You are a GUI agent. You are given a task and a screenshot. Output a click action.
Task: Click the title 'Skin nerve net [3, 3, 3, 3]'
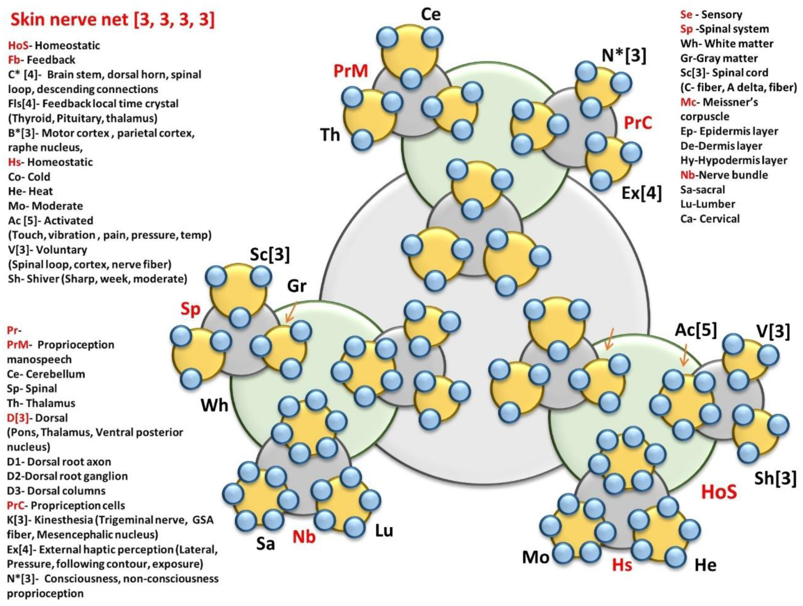click(113, 19)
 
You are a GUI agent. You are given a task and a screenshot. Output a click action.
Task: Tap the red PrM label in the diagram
click(350, 71)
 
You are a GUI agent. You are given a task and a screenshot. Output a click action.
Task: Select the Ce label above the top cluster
click(431, 15)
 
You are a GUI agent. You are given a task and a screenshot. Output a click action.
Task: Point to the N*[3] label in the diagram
click(624, 56)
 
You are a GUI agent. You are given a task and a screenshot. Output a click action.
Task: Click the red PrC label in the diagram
click(638, 123)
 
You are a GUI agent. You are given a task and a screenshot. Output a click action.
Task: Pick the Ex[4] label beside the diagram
click(642, 193)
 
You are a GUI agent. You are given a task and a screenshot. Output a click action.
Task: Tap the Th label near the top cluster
click(330, 135)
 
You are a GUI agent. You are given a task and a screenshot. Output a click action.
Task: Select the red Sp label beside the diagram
click(191, 309)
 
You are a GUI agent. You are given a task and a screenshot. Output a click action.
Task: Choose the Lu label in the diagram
click(384, 531)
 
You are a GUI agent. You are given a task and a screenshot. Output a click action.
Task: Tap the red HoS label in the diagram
click(719, 492)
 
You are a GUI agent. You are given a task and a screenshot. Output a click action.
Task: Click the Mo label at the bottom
click(535, 557)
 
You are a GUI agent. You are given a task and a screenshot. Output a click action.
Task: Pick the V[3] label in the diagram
click(773, 331)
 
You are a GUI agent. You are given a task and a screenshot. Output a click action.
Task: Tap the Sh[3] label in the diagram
click(775, 478)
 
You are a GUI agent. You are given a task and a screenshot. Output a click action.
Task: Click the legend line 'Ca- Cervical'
click(710, 219)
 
